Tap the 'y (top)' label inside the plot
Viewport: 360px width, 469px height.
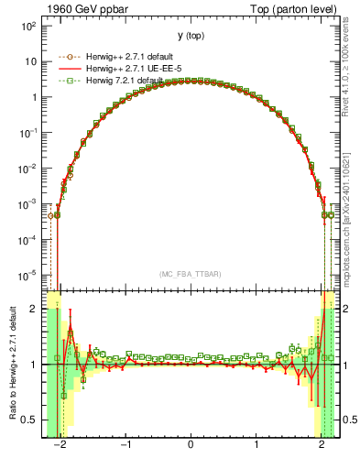coord(190,36)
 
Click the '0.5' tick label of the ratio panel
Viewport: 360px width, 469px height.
coord(28,420)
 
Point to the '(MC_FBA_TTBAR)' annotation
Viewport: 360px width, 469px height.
coord(191,274)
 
